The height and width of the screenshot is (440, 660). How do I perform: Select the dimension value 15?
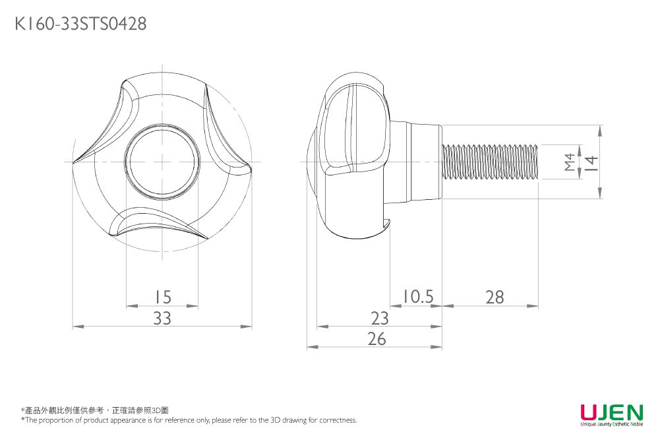click(x=162, y=298)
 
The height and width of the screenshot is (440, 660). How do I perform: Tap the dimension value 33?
click(x=162, y=319)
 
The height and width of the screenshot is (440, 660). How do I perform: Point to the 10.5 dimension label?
click(x=418, y=297)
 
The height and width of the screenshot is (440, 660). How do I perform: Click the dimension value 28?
click(x=495, y=298)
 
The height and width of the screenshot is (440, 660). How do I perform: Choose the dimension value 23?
click(x=380, y=319)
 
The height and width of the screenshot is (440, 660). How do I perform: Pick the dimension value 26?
click(x=376, y=339)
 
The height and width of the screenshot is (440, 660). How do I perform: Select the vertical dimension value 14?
click(x=591, y=162)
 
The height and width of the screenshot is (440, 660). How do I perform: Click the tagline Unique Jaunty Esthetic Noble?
click(x=611, y=424)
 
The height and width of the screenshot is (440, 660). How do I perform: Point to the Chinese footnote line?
click(x=95, y=410)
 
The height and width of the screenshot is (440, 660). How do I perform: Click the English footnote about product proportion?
click(x=189, y=420)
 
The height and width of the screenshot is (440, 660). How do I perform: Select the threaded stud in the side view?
click(x=491, y=162)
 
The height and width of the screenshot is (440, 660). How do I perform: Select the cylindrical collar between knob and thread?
click(x=415, y=162)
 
